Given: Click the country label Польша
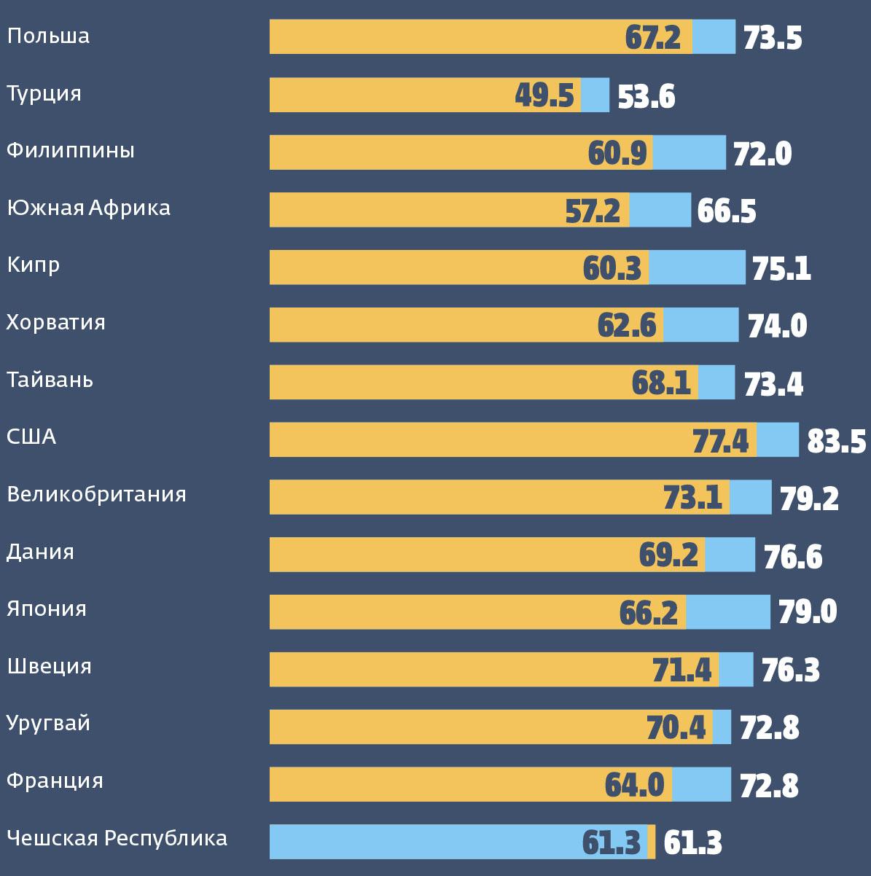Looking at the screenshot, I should click(48, 36).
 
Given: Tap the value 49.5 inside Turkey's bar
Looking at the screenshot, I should click(544, 95).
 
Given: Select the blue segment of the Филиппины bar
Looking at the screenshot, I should click(689, 152).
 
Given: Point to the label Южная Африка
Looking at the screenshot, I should click(88, 208).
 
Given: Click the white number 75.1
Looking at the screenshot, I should click(781, 269).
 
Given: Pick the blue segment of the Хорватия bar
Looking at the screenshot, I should click(700, 325).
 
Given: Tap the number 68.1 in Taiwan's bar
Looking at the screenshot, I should click(661, 383).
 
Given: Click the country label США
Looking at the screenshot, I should click(31, 437).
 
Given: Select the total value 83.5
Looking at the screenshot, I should click(836, 442).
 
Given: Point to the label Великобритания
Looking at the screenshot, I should click(96, 494).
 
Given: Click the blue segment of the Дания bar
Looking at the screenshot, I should click(730, 555).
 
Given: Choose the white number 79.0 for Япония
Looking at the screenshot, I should click(807, 612).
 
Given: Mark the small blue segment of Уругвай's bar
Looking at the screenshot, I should click(722, 727).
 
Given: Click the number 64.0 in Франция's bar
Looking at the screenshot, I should click(634, 785).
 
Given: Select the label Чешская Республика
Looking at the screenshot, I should click(117, 838).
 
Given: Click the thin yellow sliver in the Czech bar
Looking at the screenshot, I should click(652, 842).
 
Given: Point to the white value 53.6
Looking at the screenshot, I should click(646, 96).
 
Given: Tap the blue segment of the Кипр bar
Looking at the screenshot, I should click(697, 267).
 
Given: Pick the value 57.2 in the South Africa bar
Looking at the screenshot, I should click(593, 211).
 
